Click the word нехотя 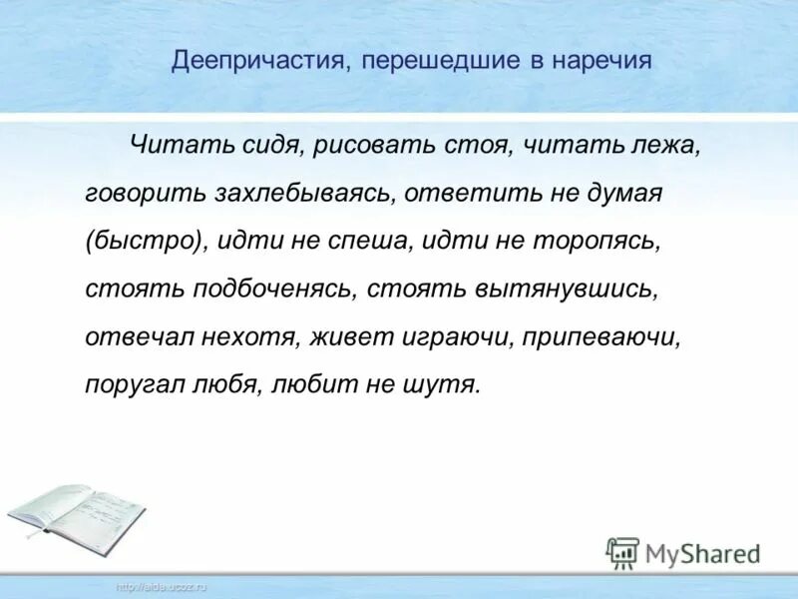click(240, 337)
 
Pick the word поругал click(135, 385)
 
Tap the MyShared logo click(684, 552)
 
